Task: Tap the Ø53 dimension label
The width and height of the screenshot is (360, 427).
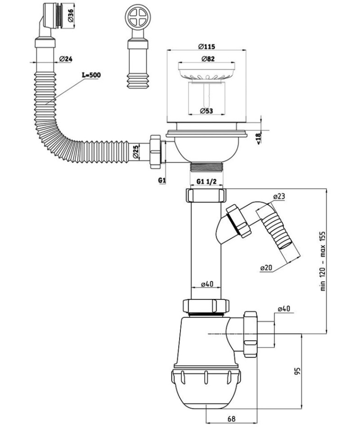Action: [x=206, y=111]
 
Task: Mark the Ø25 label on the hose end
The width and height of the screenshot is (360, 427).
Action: [x=135, y=151]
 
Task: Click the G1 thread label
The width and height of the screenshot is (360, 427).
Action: [x=161, y=181]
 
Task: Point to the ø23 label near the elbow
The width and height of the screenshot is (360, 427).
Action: [x=279, y=196]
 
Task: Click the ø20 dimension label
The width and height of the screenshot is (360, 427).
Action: [x=266, y=268]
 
